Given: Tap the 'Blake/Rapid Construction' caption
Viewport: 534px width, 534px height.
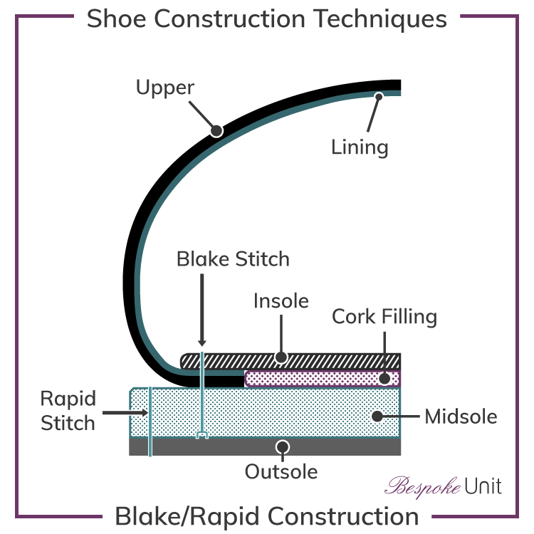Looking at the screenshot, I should tap(267, 515).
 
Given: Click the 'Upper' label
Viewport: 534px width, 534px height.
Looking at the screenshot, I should tap(165, 88).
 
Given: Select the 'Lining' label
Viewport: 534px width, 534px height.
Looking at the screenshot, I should tap(360, 147).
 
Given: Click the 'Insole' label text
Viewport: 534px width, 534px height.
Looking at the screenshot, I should tap(281, 301).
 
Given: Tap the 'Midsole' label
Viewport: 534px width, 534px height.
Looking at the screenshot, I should tap(461, 416).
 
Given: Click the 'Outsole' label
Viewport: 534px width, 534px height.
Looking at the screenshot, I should tap(281, 471).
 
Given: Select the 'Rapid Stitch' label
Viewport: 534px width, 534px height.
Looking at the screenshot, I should tap(68, 411).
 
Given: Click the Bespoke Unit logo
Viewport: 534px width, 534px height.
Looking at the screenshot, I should tap(444, 486).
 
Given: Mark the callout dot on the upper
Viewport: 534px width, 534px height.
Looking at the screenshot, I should tap(216, 131).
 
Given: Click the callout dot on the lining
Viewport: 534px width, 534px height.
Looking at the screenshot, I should tap(379, 96).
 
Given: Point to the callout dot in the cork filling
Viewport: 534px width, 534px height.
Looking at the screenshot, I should tap(384, 378).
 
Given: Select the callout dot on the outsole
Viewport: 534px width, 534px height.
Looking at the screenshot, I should tap(283, 446).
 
